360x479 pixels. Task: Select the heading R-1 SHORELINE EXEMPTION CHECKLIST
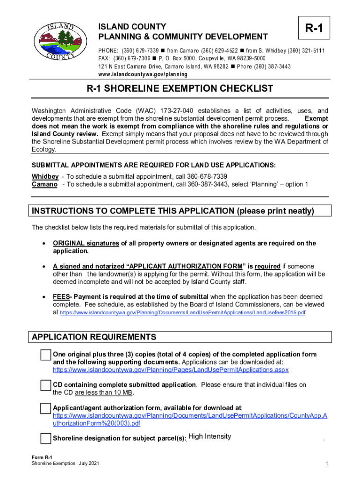[x=180, y=89]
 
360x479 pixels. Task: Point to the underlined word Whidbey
[x=45, y=176]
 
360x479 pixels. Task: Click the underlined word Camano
[x=44, y=184]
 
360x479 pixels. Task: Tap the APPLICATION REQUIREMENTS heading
[x=94, y=337]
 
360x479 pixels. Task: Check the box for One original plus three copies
[x=45, y=355]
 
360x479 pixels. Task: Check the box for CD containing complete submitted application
[x=45, y=385]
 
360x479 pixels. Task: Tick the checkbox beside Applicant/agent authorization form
[x=45, y=408]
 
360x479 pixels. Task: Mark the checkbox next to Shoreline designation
[x=45, y=438]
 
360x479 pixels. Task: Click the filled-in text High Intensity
[x=210, y=436]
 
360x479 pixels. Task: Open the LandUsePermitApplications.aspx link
[x=171, y=370]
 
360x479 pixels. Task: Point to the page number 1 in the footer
[x=326, y=464]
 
